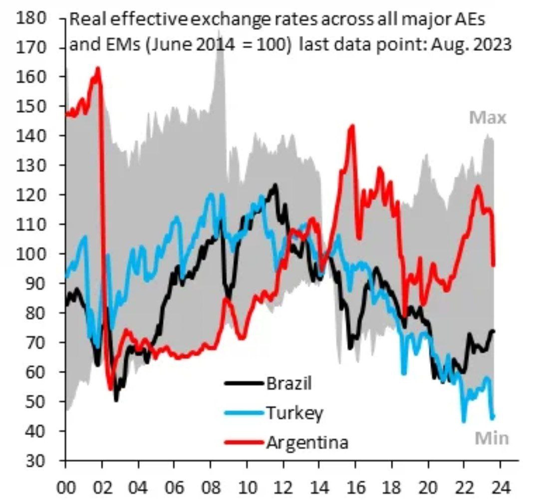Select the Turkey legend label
(x=294, y=413)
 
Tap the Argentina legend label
(x=307, y=442)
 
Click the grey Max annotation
(x=488, y=118)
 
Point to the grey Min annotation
(x=491, y=438)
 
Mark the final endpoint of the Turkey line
(x=493, y=417)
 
